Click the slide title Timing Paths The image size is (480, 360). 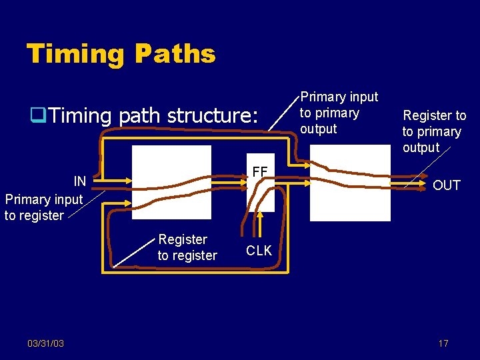point(121,53)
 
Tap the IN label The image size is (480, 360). point(80,181)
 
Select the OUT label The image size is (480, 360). point(446,185)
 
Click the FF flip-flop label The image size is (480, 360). point(259,173)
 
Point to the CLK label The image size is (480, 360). point(259,251)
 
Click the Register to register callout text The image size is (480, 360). point(187,247)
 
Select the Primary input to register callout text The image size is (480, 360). point(43,207)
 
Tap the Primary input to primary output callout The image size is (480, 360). point(339,113)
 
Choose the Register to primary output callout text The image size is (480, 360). point(433,131)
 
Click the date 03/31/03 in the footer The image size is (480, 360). point(45,343)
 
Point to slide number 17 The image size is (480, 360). point(443,343)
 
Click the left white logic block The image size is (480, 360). point(171,182)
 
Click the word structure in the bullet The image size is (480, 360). point(212,116)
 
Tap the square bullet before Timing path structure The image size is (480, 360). point(37,116)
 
